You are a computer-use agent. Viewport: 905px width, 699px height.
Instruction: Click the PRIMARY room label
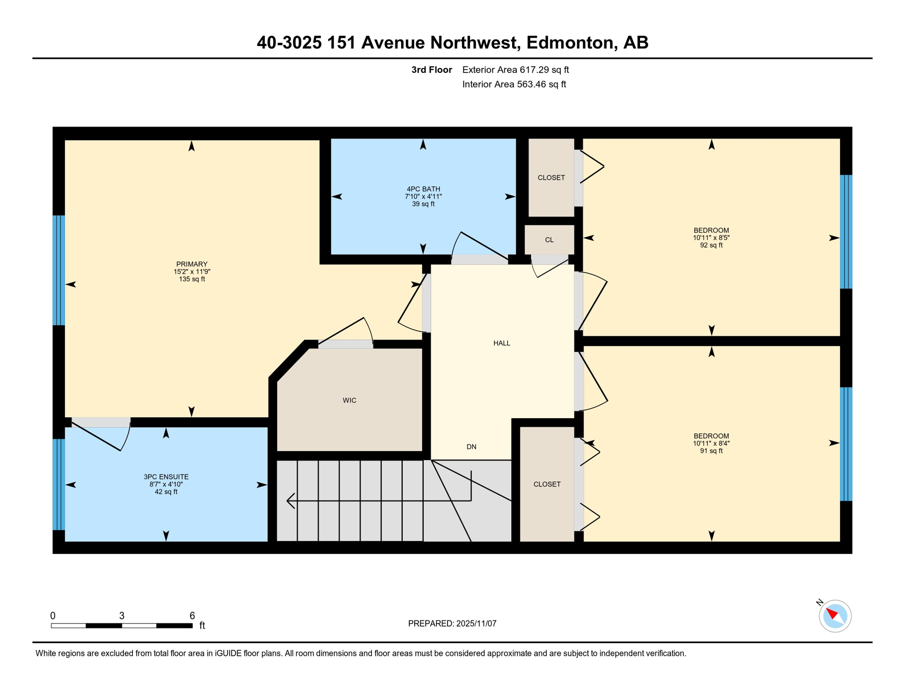[192, 264]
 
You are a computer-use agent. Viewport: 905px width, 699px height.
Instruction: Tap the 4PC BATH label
[423, 189]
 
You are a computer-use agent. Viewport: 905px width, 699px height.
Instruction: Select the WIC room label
[349, 400]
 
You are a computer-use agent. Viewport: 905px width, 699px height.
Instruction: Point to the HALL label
[502, 343]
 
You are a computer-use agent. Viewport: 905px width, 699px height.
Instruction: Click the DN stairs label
[471, 447]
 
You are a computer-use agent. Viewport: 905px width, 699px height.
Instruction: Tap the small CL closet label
[549, 240]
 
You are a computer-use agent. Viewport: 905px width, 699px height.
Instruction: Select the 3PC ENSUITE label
[166, 477]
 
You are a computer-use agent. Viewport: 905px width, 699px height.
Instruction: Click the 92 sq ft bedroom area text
[711, 245]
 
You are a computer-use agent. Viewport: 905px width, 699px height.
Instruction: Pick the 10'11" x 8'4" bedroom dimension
[711, 443]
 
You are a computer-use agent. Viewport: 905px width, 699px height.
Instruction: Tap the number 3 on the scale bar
[122, 616]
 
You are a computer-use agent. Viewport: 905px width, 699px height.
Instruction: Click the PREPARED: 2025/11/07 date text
[452, 623]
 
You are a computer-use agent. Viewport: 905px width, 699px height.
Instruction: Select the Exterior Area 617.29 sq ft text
[515, 70]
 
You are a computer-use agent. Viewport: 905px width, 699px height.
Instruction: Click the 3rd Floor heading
[432, 70]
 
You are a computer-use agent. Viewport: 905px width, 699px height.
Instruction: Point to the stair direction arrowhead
[290, 501]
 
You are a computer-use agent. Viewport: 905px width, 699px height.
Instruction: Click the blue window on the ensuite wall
[59, 484]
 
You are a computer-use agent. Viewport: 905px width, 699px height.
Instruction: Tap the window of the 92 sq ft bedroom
[846, 232]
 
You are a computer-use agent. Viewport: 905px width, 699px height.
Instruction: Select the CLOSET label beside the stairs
[547, 484]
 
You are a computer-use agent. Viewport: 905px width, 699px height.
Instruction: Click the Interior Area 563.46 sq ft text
[514, 84]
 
